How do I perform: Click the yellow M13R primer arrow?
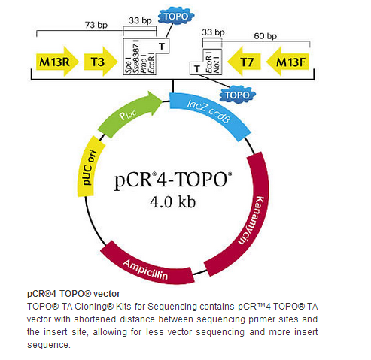tap(57, 62)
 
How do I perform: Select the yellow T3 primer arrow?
tap(101, 62)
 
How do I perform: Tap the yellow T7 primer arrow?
tap(244, 62)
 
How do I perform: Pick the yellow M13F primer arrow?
tap(288, 62)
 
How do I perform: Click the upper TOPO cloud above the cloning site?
tap(176, 17)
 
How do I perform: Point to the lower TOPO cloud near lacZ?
tap(238, 95)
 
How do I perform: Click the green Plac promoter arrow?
tap(129, 114)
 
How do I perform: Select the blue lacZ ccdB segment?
tap(209, 115)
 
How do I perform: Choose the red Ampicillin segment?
tap(147, 267)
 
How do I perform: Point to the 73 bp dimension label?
tap(96, 25)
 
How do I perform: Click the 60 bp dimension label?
tap(266, 36)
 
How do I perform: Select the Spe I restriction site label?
tap(128, 65)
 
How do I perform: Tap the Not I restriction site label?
tap(217, 63)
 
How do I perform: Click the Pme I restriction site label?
tap(144, 65)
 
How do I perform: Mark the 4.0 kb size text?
tap(173, 202)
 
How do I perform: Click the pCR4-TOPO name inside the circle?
tap(173, 180)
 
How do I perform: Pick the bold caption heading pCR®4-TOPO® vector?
tap(74, 294)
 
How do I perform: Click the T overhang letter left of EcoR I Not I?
tap(197, 68)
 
